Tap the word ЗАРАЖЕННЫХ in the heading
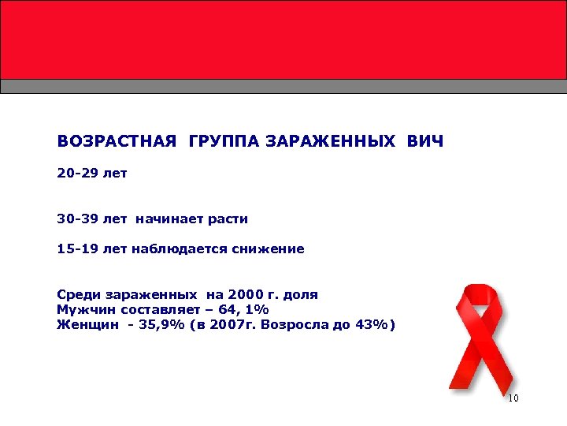(x=331, y=142)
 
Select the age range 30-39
(x=76, y=219)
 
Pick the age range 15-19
(x=76, y=249)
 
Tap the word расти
(x=228, y=219)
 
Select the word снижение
(x=268, y=249)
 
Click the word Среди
(x=76, y=295)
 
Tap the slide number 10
(x=513, y=398)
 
